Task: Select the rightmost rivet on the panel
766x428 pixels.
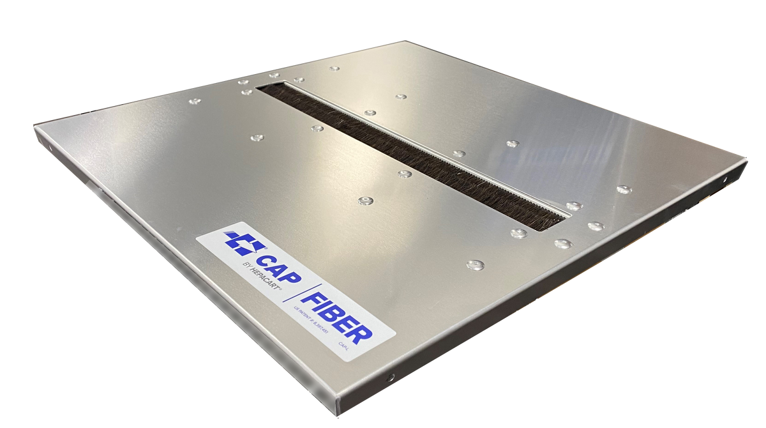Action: coord(624,189)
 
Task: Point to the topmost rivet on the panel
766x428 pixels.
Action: coord(334,68)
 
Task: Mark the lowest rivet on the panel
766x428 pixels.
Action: coord(475,264)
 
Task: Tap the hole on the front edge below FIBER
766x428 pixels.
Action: coord(392,376)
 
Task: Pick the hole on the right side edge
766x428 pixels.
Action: coord(725,180)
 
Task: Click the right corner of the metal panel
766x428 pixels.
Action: coord(747,157)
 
